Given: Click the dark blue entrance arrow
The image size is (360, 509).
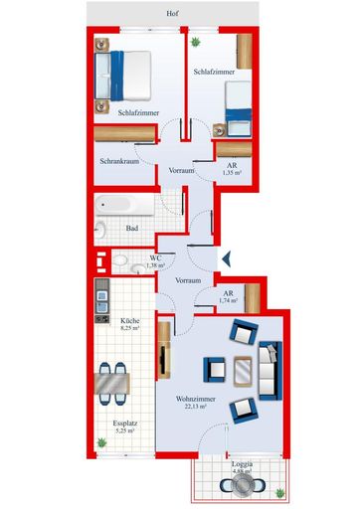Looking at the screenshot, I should [x=225, y=258].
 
